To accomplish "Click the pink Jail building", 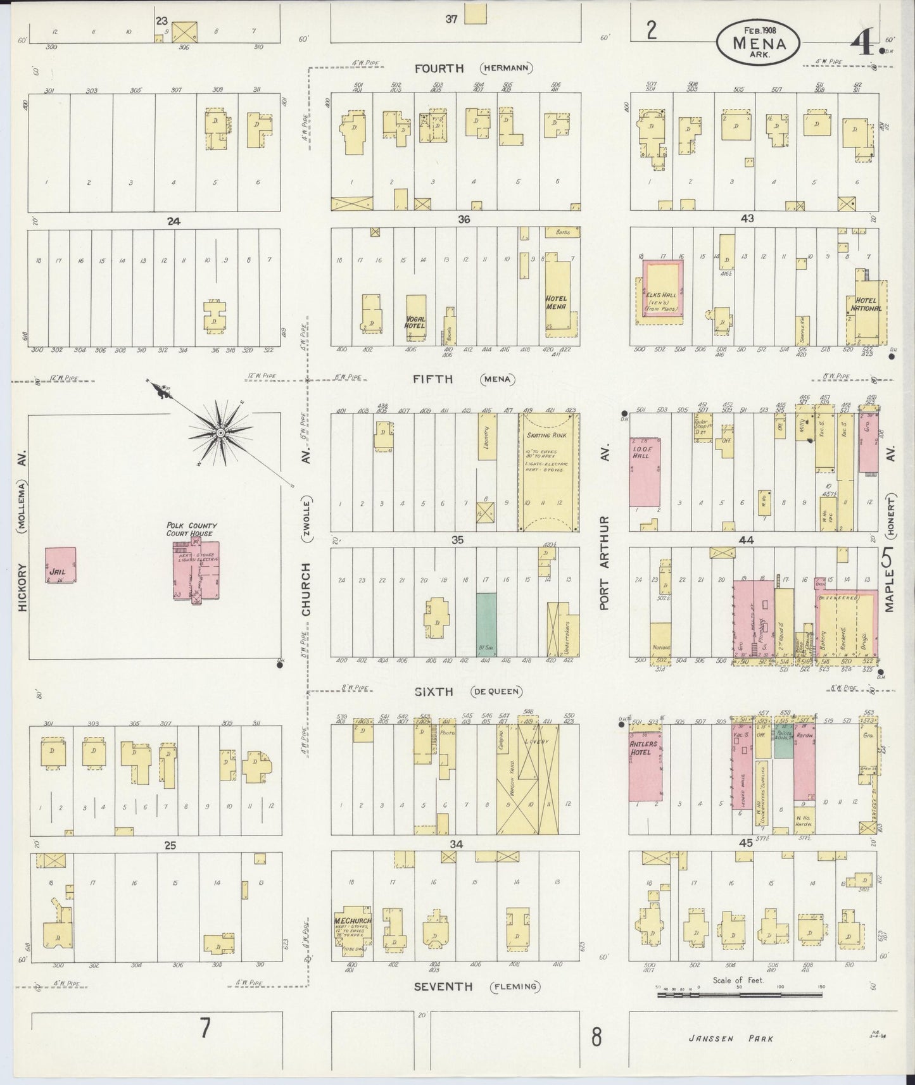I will [60, 565].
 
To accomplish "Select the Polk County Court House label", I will [192, 529].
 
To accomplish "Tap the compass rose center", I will [220, 433].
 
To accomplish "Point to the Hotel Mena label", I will [556, 303].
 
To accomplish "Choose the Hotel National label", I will [867, 304].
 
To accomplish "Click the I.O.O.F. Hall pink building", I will [645, 472].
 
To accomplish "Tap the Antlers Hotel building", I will [645, 766].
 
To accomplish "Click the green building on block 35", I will [486, 624].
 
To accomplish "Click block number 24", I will [173, 222].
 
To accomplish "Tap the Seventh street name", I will [443, 1004].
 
